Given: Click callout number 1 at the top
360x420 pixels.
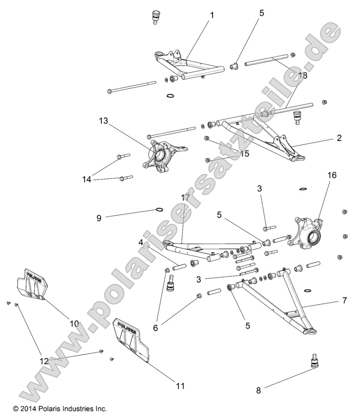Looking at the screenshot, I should [x=212, y=15].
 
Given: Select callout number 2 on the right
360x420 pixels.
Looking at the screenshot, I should [x=339, y=138].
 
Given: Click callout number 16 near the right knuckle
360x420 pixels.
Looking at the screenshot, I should [x=331, y=175].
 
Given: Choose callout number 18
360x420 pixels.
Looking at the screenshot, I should [x=303, y=76].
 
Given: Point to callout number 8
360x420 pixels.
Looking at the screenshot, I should [x=259, y=391].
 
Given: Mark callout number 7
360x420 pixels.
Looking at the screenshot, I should [x=344, y=300].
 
